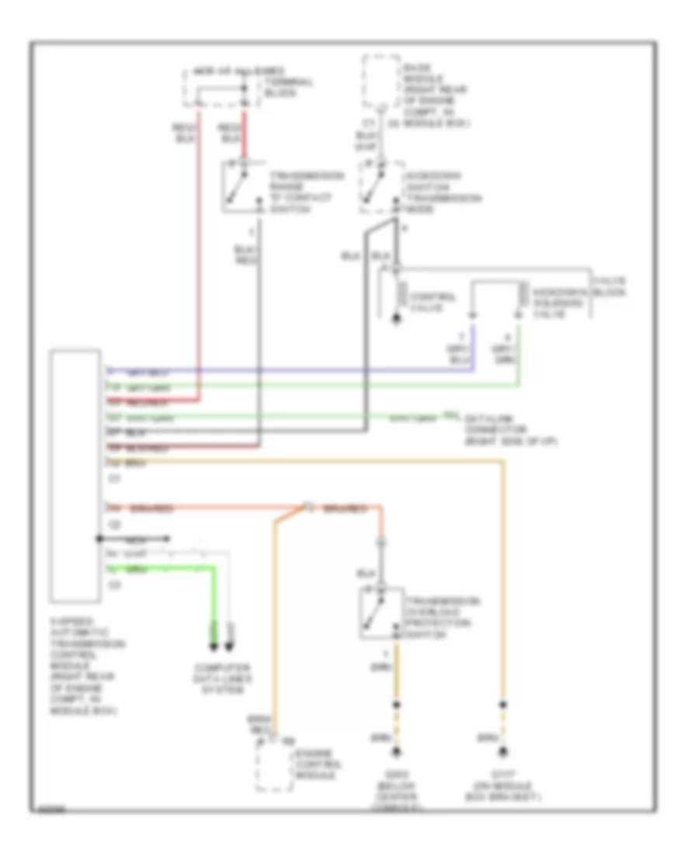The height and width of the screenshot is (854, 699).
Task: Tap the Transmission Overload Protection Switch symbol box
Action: pyautogui.click(x=379, y=613)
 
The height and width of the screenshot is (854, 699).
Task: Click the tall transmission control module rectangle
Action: pyautogui.click(x=75, y=475)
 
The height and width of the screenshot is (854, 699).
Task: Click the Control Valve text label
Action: pyautogui.click(x=428, y=303)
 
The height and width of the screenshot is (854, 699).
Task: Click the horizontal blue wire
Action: pyautogui.click(x=311, y=370)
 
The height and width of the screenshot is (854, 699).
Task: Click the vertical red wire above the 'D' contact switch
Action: pyautogui.click(x=245, y=136)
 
